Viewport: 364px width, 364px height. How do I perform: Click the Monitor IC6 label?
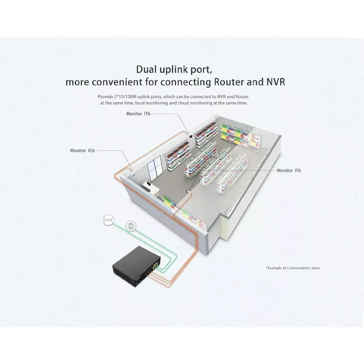82,150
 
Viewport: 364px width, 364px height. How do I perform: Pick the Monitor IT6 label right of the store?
289,170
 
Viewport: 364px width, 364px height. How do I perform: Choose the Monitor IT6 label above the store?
138,114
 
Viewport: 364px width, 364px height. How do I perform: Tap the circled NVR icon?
108,220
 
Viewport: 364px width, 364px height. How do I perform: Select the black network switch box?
135,262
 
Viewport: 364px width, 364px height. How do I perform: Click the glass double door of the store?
155,168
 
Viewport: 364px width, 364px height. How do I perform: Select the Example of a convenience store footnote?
293,268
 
